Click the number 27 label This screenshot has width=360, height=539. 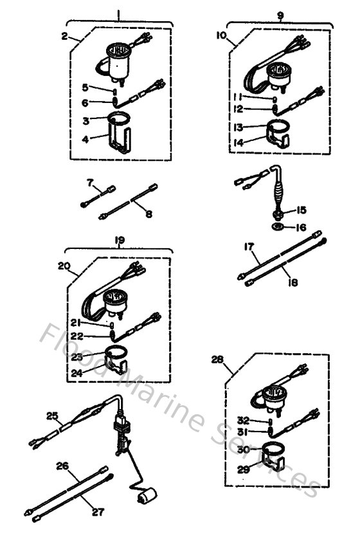coord(96,513)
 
